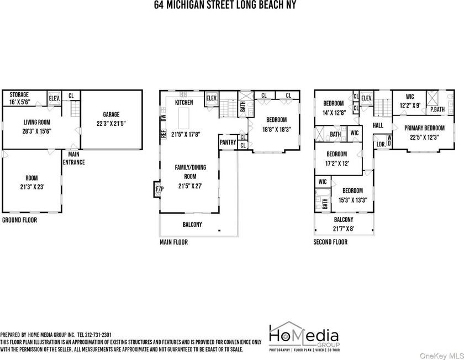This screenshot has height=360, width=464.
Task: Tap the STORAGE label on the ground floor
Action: click(18, 95)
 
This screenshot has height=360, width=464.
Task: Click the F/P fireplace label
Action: click(160, 189)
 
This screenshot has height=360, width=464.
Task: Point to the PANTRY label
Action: click(228, 142)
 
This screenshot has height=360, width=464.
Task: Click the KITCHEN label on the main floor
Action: click(184, 103)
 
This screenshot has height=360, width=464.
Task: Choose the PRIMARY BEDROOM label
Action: click(425, 128)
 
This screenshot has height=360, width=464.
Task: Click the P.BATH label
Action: click(437, 109)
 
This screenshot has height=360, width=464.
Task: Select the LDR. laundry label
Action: click(381, 145)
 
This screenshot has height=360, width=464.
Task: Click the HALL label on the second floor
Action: click(378, 125)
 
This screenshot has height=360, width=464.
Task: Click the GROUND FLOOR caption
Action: click(20, 220)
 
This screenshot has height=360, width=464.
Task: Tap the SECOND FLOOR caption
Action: click(330, 242)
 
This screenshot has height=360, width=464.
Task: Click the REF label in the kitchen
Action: click(163, 134)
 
